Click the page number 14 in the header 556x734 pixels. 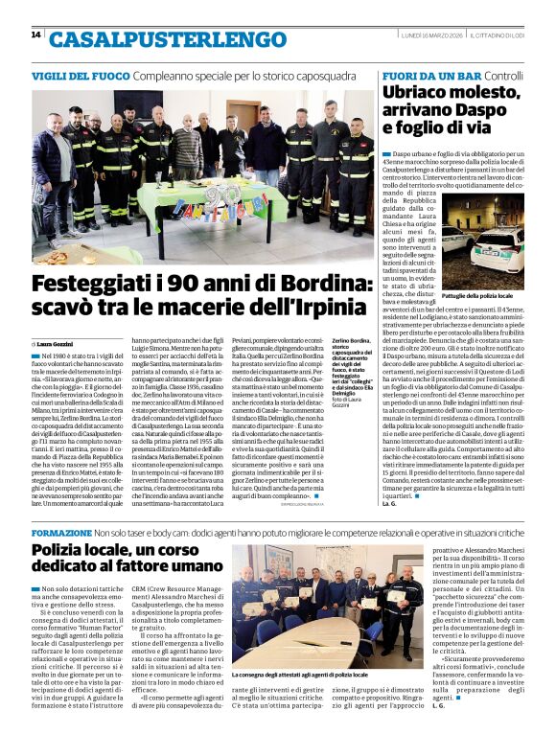tap(35, 34)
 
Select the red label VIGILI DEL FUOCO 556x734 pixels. tap(77, 75)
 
